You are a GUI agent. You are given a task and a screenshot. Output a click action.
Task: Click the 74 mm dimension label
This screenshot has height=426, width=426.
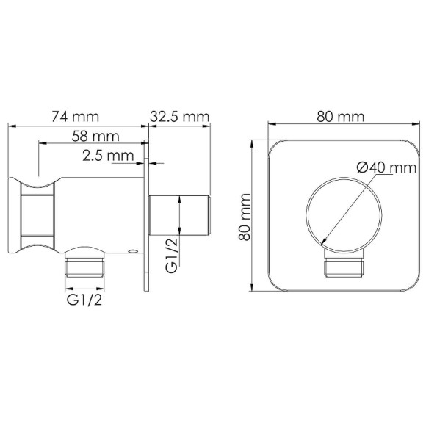pyautogui.click(x=76, y=117)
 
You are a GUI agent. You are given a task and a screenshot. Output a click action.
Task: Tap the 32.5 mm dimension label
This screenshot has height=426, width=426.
pyautogui.click(x=180, y=117)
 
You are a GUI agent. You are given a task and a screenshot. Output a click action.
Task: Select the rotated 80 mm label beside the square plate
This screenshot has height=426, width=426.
pyautogui.click(x=245, y=215)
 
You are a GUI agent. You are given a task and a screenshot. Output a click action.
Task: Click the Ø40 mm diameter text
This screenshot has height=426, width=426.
pyautogui.click(x=381, y=168)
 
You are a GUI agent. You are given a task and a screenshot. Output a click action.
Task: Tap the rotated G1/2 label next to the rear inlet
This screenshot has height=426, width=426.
pyautogui.click(x=170, y=255)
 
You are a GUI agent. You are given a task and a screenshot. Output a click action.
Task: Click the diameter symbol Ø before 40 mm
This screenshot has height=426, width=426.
pyautogui.click(x=362, y=168)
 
